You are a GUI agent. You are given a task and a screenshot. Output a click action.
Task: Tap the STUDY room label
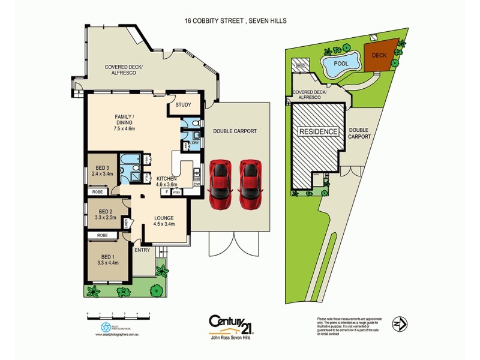click(x=183, y=105)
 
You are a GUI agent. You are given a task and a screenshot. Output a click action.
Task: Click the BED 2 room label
click(x=106, y=214)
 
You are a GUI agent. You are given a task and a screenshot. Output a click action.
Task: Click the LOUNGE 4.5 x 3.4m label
click(x=163, y=221)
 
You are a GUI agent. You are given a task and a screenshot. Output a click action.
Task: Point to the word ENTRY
click(x=143, y=250)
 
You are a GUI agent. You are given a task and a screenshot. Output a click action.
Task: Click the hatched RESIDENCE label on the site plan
click(x=319, y=131)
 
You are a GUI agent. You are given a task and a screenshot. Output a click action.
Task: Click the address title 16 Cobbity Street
click(x=235, y=20)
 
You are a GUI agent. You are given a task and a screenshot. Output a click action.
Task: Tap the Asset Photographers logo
click(x=106, y=328)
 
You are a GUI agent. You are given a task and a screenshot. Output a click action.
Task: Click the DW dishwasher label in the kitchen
click(x=196, y=184)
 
